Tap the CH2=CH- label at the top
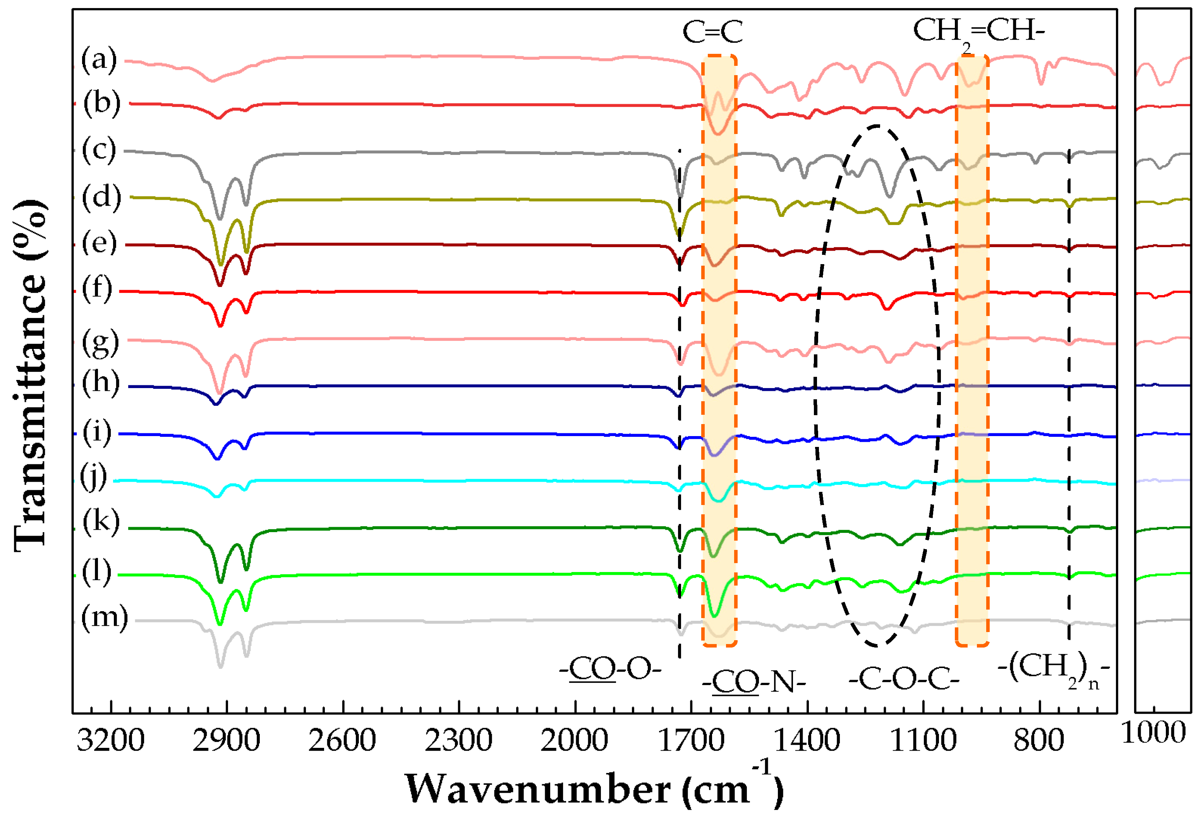[978, 33]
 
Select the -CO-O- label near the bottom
[610, 670]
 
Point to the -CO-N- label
[753, 683]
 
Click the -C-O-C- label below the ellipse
[904, 680]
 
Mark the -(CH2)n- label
[1053, 670]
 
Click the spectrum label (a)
[99, 60]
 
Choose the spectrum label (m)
[105, 618]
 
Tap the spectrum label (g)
[101, 343]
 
